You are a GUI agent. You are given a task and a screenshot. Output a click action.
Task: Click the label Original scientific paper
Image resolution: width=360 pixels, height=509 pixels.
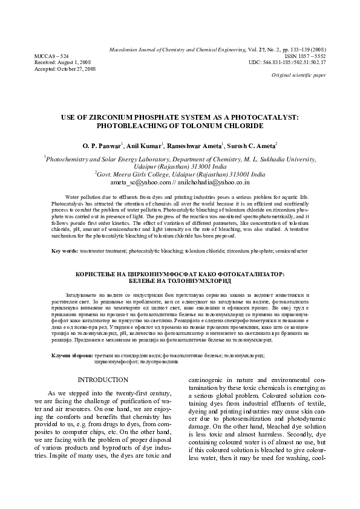(x=299, y=76)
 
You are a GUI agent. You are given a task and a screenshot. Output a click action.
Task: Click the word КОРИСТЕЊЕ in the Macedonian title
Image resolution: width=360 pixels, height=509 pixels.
(x=104, y=274)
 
